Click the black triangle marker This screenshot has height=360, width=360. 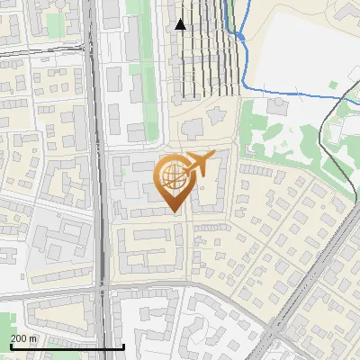(x=180, y=24)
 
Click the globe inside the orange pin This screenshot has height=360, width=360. (x=171, y=175)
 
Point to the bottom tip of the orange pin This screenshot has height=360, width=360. (x=174, y=212)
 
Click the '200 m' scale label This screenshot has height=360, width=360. (x=24, y=338)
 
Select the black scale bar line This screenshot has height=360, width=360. (x=63, y=346)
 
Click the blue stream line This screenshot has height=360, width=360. (x=270, y=90)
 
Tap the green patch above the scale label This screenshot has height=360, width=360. (x=7, y=322)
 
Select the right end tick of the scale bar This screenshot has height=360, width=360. (x=123, y=346)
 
